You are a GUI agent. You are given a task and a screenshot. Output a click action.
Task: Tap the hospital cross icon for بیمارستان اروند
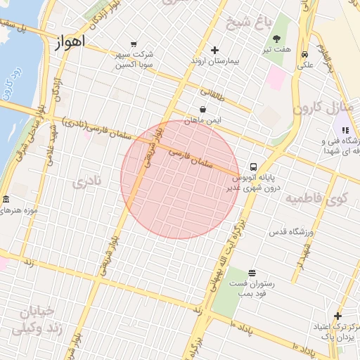click(x=215, y=49)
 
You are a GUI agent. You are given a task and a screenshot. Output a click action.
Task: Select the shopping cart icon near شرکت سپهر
click(x=134, y=44)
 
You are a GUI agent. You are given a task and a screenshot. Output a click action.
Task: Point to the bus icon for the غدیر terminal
click(x=253, y=167)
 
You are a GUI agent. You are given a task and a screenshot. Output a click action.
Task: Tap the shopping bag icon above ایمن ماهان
click(x=203, y=110)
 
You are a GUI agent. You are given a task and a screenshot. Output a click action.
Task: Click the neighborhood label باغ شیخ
click(x=248, y=22)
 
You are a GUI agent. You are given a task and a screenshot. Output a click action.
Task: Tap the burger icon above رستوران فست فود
click(x=252, y=273)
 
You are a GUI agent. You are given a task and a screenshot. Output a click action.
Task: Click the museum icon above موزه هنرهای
click(x=6, y=200)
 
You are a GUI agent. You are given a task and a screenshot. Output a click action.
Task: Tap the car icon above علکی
click(x=304, y=55)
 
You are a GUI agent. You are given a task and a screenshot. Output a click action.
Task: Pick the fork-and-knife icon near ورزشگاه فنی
click(x=345, y=129)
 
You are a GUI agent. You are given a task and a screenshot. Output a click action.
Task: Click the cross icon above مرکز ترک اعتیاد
click(x=337, y=316)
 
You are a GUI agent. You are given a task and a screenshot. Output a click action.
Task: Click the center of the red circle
click(x=181, y=180)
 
